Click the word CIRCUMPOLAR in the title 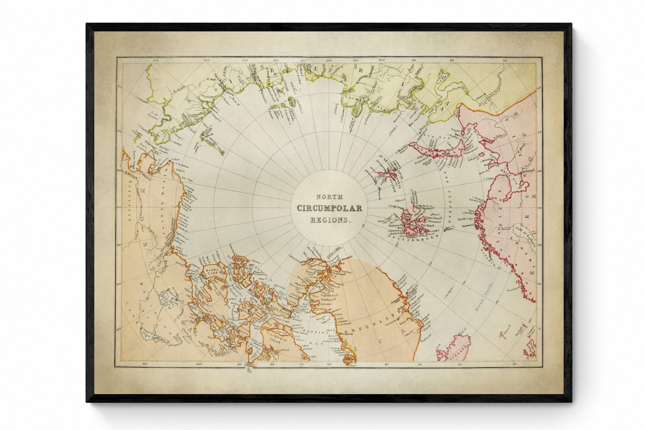329,208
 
